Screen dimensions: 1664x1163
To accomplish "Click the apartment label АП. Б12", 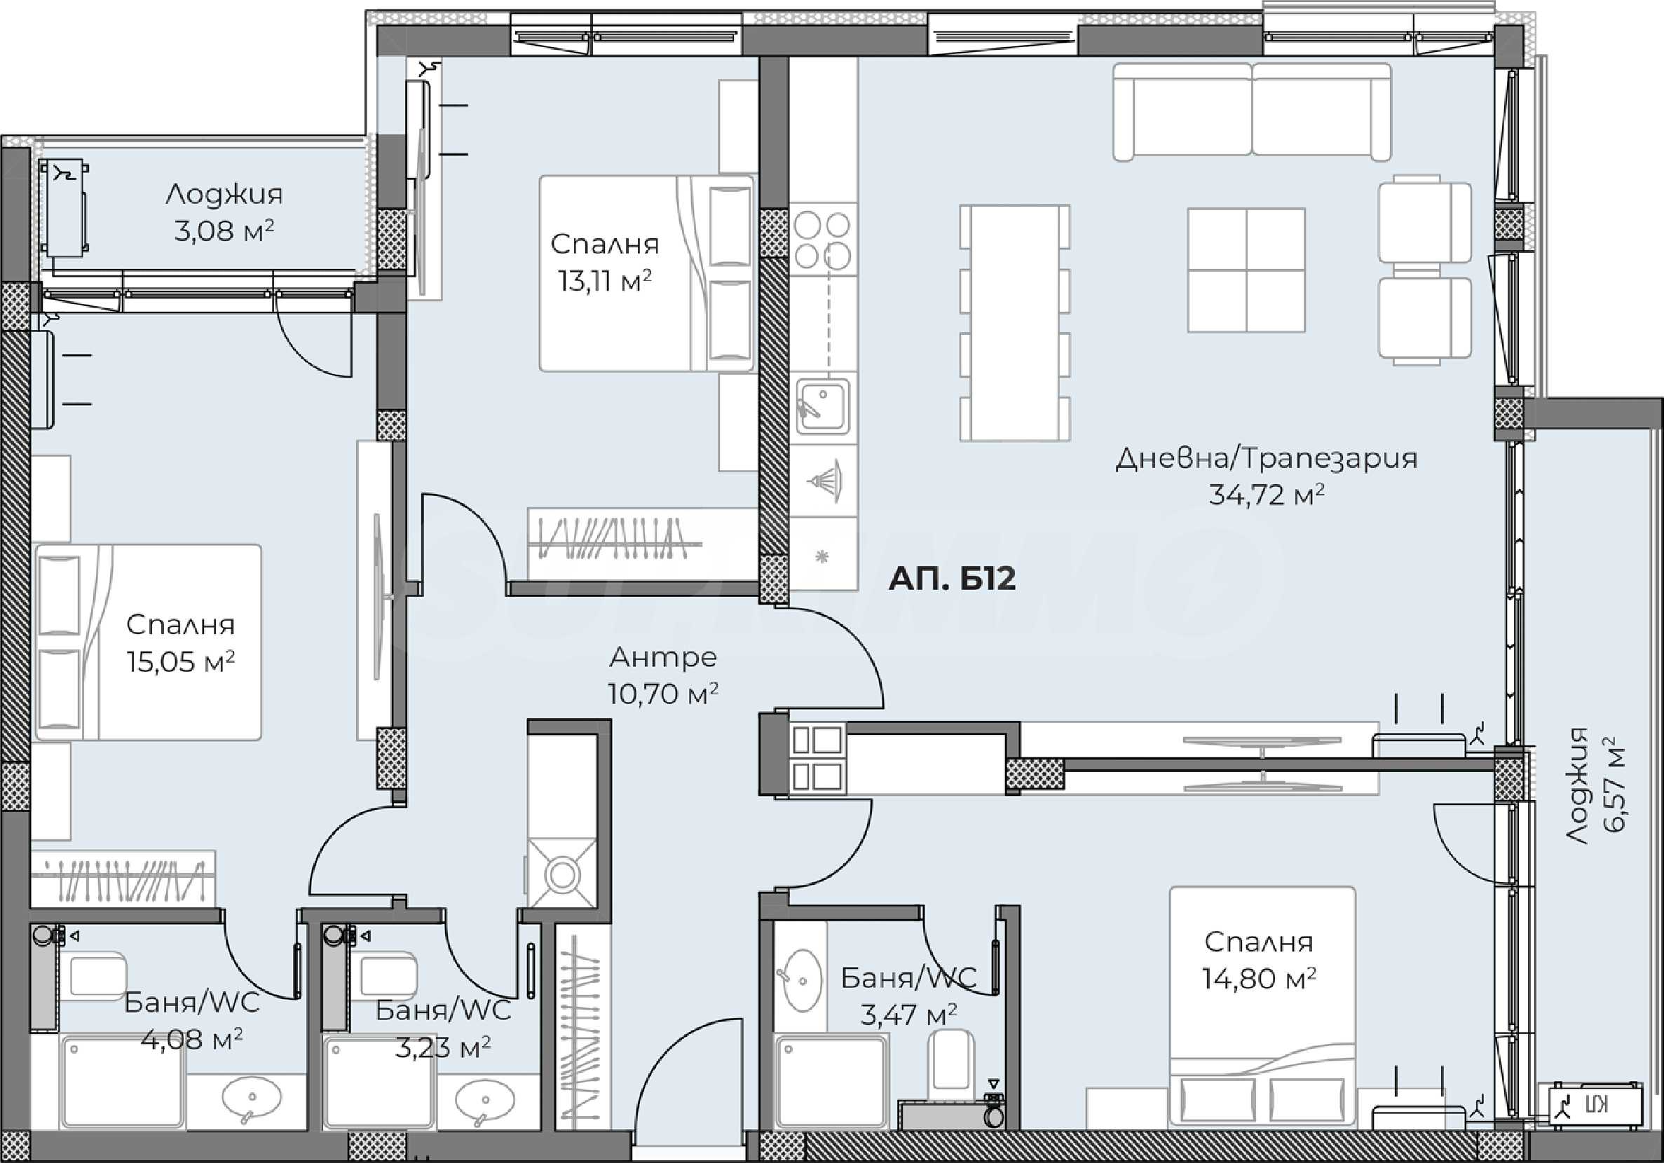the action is point(952,578).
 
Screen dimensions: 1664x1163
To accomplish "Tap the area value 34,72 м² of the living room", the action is point(1266,494).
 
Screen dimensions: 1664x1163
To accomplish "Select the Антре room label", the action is point(663,657).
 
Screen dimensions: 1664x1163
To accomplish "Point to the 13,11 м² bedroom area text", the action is point(604,280).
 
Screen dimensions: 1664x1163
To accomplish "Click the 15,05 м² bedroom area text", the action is point(180,661).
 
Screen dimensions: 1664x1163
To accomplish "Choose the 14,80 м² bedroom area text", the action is point(1259,979).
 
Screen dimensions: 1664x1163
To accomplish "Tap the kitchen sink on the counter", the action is point(823,406).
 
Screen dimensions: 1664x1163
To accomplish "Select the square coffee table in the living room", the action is point(1246,270).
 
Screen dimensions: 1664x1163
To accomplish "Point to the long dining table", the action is point(1015,322).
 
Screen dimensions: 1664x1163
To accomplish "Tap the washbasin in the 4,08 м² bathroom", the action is point(252,1099).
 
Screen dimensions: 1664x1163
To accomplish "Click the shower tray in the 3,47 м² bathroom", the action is point(831,1082).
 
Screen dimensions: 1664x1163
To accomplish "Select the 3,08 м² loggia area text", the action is point(224,230).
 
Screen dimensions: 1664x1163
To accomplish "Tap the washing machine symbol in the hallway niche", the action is point(561,873).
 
